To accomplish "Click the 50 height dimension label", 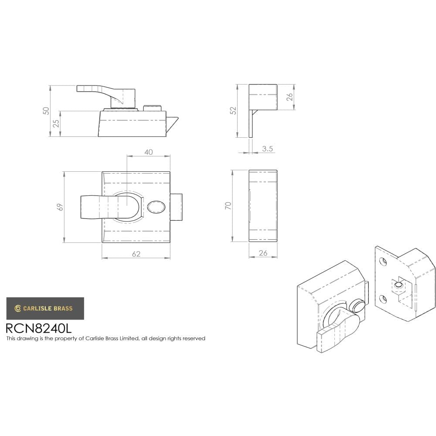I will point(46,111).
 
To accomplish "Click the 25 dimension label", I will point(56,124).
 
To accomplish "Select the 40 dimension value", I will point(148,152).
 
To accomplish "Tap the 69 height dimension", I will point(61,207).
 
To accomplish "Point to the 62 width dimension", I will point(136,254).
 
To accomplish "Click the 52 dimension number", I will point(233,111).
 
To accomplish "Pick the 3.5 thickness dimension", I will point(268,149).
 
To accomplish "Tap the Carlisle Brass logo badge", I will point(45,308).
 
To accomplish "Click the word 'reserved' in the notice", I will point(194,338).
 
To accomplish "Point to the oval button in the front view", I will point(156,207).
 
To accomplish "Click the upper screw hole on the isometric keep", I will point(383,262).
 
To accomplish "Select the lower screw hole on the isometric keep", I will point(383,299).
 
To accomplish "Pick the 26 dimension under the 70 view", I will point(263,253).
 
